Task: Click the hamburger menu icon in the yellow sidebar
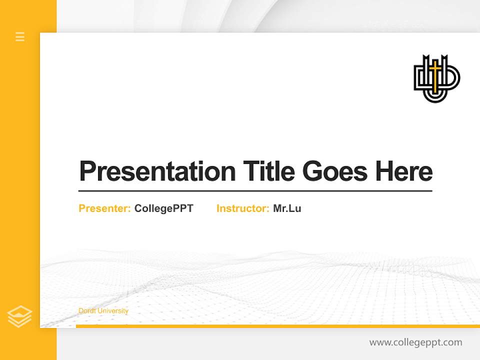tap(20, 36)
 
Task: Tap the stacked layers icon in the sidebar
tap(19, 316)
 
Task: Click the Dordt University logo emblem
tap(436, 78)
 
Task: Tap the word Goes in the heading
tap(335, 171)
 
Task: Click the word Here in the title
tap(404, 171)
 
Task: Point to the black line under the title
tap(255, 191)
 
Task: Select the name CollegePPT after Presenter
tap(163, 208)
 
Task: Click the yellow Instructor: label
tap(242, 208)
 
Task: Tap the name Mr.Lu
tap(287, 208)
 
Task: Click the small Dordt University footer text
tap(103, 311)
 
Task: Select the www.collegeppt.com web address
tap(415, 342)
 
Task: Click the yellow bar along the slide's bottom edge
tap(277, 326)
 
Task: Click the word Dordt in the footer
tap(87, 311)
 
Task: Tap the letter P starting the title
tap(87, 171)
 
